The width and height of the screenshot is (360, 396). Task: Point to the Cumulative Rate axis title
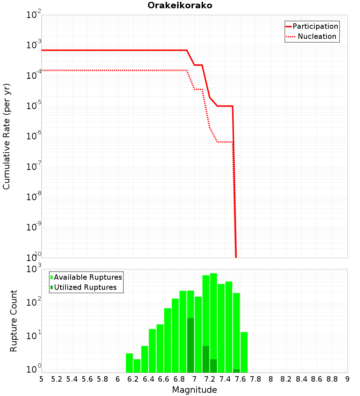[x=6, y=136]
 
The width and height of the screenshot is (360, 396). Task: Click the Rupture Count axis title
[x=14, y=321]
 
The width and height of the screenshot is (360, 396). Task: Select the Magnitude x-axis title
[x=194, y=390]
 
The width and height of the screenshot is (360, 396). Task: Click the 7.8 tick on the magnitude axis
[x=256, y=379]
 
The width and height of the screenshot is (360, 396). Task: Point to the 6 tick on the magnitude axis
[x=118, y=379]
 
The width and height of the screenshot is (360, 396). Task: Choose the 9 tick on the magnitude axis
[x=347, y=379]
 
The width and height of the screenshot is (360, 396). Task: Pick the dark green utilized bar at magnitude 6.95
[x=190, y=345]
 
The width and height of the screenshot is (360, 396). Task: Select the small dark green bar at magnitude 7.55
[x=237, y=371]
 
